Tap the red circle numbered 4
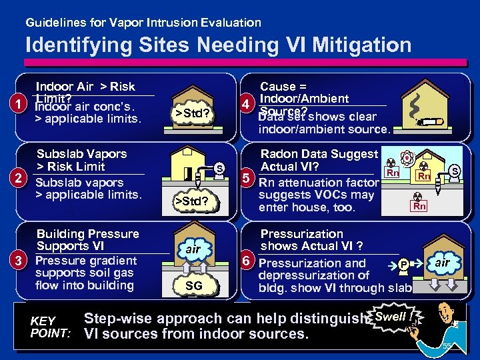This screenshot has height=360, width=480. tap(247, 105)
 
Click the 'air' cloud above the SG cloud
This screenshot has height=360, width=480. tap(193, 249)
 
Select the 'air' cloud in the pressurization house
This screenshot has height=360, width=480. tap(443, 263)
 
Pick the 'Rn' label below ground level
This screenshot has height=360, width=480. tap(419, 207)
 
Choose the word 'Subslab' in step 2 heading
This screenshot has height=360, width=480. tap(58, 154)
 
